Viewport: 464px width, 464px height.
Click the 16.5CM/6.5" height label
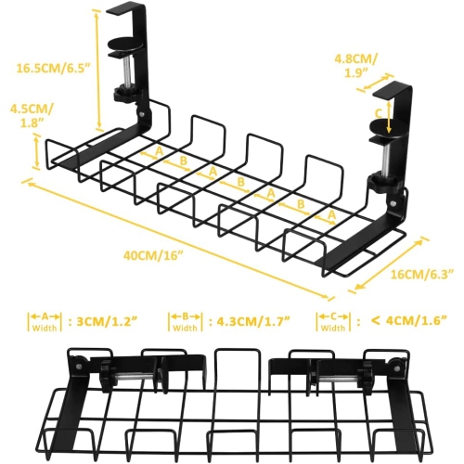click(x=52, y=67)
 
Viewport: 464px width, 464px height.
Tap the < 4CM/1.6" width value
click(x=408, y=321)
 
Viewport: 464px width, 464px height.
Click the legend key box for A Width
click(x=43, y=321)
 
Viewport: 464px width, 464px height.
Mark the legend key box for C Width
click(x=333, y=321)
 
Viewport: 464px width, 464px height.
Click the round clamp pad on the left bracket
click(x=123, y=44)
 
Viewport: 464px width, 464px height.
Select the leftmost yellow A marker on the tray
click(x=159, y=150)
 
